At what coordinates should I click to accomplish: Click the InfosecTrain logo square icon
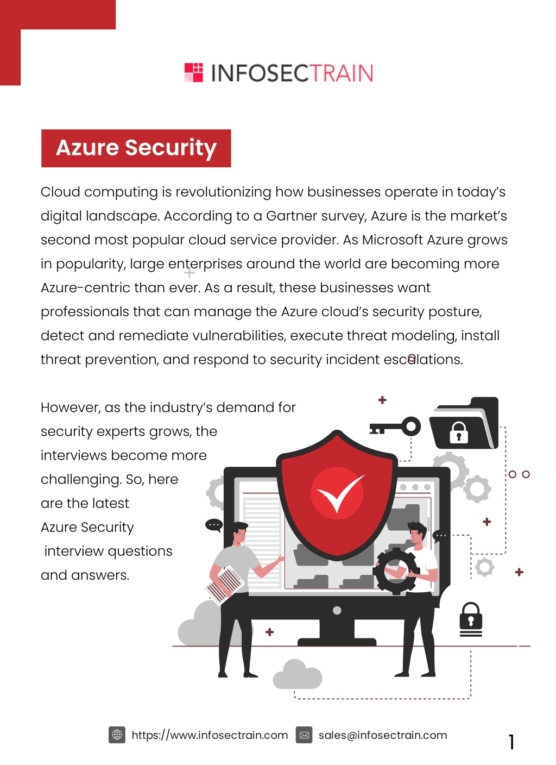tap(193, 72)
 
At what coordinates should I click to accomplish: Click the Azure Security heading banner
tap(136, 148)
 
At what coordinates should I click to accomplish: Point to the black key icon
tap(395, 427)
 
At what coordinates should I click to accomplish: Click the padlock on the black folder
tap(458, 432)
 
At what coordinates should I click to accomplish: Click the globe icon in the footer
tap(117, 735)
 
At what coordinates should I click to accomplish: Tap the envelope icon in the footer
tap(304, 735)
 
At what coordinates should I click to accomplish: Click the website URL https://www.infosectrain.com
tap(210, 735)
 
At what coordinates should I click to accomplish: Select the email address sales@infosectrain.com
tap(383, 735)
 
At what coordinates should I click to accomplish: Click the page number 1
tap(511, 742)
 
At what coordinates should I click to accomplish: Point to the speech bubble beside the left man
tap(214, 525)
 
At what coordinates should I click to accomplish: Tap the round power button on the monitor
tap(337, 611)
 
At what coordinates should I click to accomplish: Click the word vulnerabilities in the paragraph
tap(238, 336)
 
